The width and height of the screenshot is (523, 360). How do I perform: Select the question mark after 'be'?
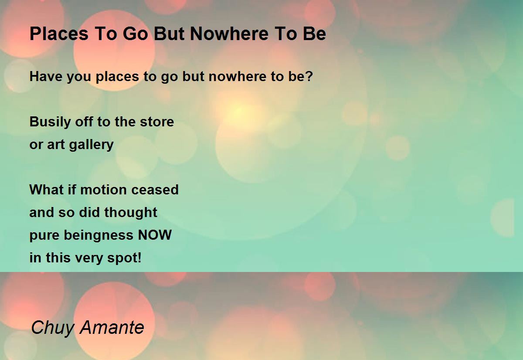(309, 77)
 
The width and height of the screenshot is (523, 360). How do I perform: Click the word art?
(55, 145)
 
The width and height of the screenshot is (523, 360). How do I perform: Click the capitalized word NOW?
(155, 235)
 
